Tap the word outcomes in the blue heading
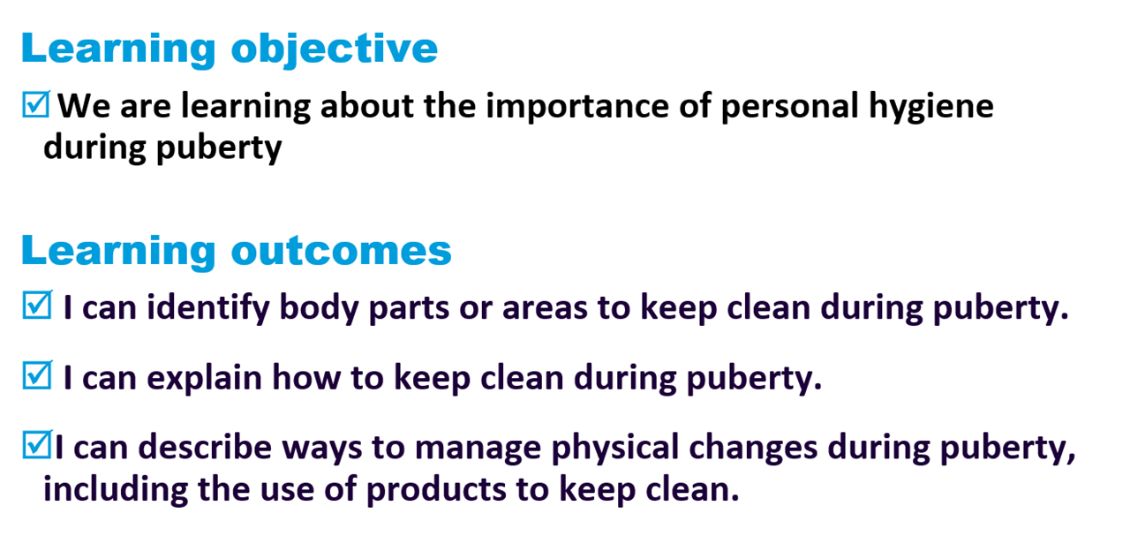[342, 250]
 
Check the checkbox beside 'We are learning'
[36, 104]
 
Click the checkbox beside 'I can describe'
[37, 444]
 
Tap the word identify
[208, 307]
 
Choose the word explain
[204, 378]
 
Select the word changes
[753, 448]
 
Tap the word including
[116, 490]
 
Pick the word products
[436, 490]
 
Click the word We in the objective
[84, 106]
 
